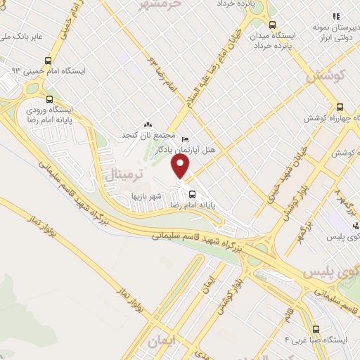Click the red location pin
click(181, 167)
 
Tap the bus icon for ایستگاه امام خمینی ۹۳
click(48, 60)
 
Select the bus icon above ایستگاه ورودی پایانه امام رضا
click(49, 99)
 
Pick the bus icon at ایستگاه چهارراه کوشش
click(340, 107)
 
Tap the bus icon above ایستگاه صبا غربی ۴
click(316, 328)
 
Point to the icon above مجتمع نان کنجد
click(147, 124)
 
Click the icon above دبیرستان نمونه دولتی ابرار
click(336, 15)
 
